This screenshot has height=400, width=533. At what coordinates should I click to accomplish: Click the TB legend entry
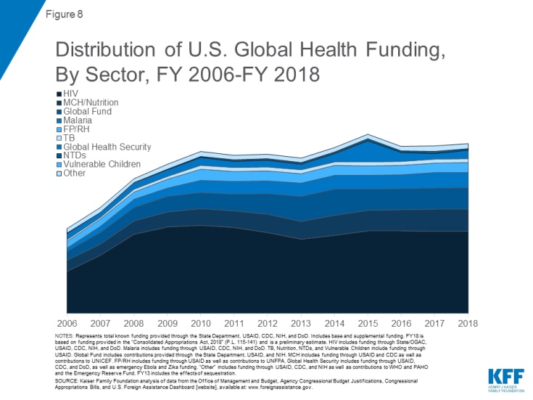70,138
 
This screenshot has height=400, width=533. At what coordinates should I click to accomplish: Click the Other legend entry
74,173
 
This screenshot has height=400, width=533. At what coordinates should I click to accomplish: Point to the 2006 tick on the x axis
67,322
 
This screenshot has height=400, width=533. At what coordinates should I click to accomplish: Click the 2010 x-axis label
201,322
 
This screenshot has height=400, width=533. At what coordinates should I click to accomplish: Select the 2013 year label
302,322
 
